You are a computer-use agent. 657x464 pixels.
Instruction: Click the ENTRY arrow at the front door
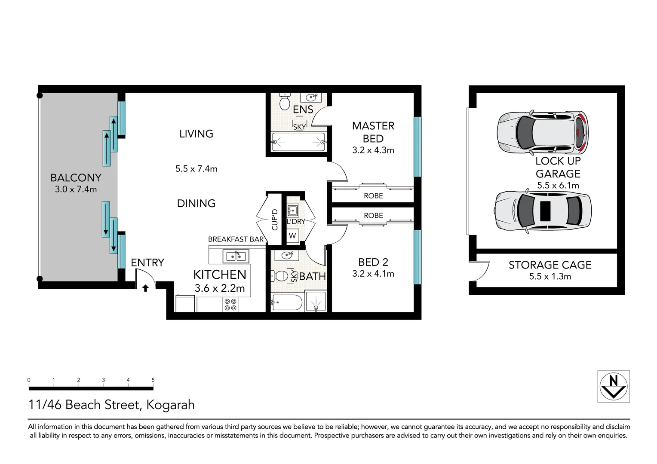(x=145, y=288)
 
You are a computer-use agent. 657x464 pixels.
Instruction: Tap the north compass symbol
(x=614, y=386)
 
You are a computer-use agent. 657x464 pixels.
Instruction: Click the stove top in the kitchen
(x=230, y=305)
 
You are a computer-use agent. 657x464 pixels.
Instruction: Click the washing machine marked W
(x=292, y=235)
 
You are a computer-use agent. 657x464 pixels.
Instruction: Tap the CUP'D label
(x=275, y=220)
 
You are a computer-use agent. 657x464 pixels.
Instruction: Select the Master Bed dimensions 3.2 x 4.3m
(x=373, y=150)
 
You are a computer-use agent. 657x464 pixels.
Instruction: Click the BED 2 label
(x=373, y=262)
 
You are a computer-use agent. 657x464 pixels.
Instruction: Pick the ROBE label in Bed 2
(x=373, y=216)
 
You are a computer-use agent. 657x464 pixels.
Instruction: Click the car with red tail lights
(x=542, y=133)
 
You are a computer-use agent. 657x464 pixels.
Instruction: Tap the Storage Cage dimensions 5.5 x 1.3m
(x=550, y=277)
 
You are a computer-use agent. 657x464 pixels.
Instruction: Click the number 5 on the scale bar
(x=153, y=380)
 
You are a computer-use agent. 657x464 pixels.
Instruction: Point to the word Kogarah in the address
(x=170, y=405)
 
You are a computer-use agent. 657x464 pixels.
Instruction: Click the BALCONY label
(x=76, y=177)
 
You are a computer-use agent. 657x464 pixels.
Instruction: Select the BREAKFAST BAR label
(x=236, y=239)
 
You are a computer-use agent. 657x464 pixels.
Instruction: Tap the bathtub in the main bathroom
(x=287, y=303)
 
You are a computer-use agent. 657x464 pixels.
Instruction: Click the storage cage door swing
(x=483, y=271)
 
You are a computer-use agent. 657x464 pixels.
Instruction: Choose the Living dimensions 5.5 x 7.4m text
(x=196, y=169)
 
